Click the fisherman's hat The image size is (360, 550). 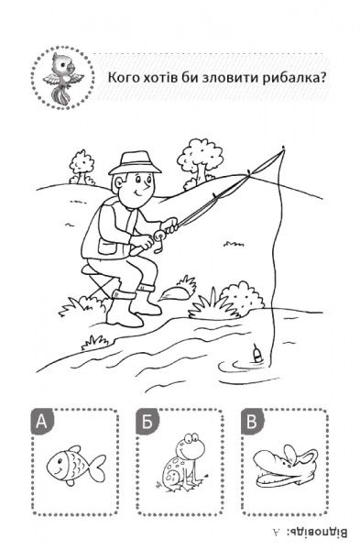pyautogui.click(x=135, y=163)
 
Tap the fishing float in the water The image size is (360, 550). pyautogui.click(x=257, y=354)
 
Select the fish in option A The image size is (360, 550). pyautogui.click(x=76, y=465)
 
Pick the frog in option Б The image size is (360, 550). pyautogui.click(x=184, y=462)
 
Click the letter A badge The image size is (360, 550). pyautogui.click(x=42, y=422)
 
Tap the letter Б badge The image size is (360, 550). pyautogui.click(x=147, y=422)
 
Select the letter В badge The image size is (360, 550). pyautogui.click(x=252, y=422)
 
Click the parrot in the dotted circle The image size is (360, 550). pyautogui.click(x=63, y=77)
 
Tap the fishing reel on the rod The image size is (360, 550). pyautogui.click(x=159, y=239)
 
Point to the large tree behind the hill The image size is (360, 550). pyautogui.click(x=199, y=162)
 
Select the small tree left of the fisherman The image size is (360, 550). pyautogui.click(x=82, y=168)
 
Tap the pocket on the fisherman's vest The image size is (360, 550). pyautogui.click(x=108, y=247)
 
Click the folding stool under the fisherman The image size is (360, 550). pyautogui.click(x=97, y=280)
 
